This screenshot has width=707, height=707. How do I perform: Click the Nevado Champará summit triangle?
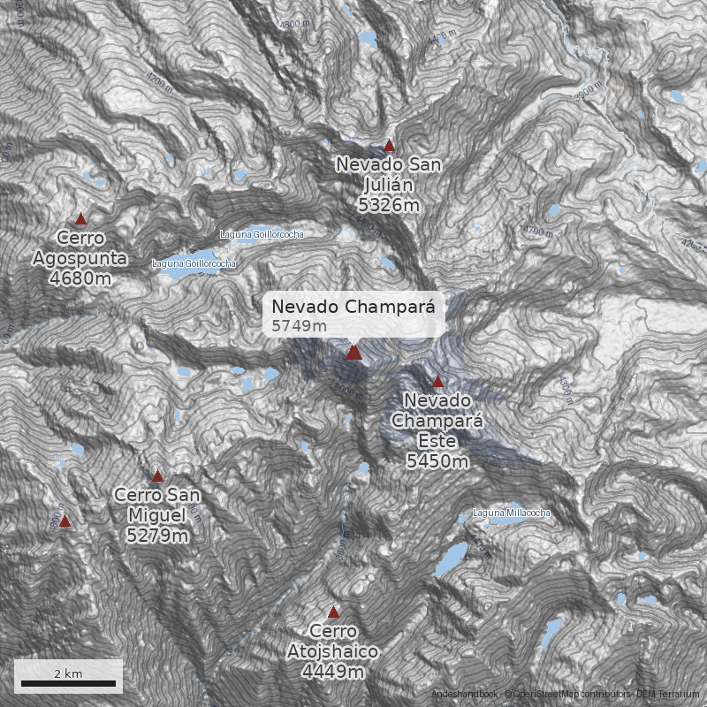[x=353, y=353]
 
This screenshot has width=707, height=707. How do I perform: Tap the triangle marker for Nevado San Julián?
[x=389, y=146]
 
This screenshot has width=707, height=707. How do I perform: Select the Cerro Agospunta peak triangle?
[x=80, y=219]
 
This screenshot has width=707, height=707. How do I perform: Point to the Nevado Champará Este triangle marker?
[x=437, y=382]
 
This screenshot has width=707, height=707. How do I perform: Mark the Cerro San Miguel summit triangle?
[x=157, y=476]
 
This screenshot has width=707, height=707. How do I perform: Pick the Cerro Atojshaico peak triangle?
[x=333, y=612]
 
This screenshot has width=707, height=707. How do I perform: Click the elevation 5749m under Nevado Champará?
[x=299, y=326]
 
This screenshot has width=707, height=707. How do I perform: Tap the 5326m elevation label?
[x=389, y=205]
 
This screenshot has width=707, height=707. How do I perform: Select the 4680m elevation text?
[x=80, y=278]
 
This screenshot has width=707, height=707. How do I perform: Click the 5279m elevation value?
[x=157, y=536]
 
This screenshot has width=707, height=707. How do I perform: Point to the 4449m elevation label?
[x=333, y=672]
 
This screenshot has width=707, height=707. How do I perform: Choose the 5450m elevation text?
[x=437, y=460]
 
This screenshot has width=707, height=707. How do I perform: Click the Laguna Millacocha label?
[x=512, y=513]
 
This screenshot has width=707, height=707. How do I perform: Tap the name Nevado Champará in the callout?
[x=353, y=307]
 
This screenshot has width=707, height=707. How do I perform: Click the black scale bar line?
[x=69, y=684]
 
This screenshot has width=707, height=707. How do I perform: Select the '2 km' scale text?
[x=68, y=673]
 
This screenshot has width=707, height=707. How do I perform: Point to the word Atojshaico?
[x=333, y=652]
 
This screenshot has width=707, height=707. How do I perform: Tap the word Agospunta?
[x=80, y=259]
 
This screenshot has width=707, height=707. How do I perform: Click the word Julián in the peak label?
[x=389, y=185]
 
